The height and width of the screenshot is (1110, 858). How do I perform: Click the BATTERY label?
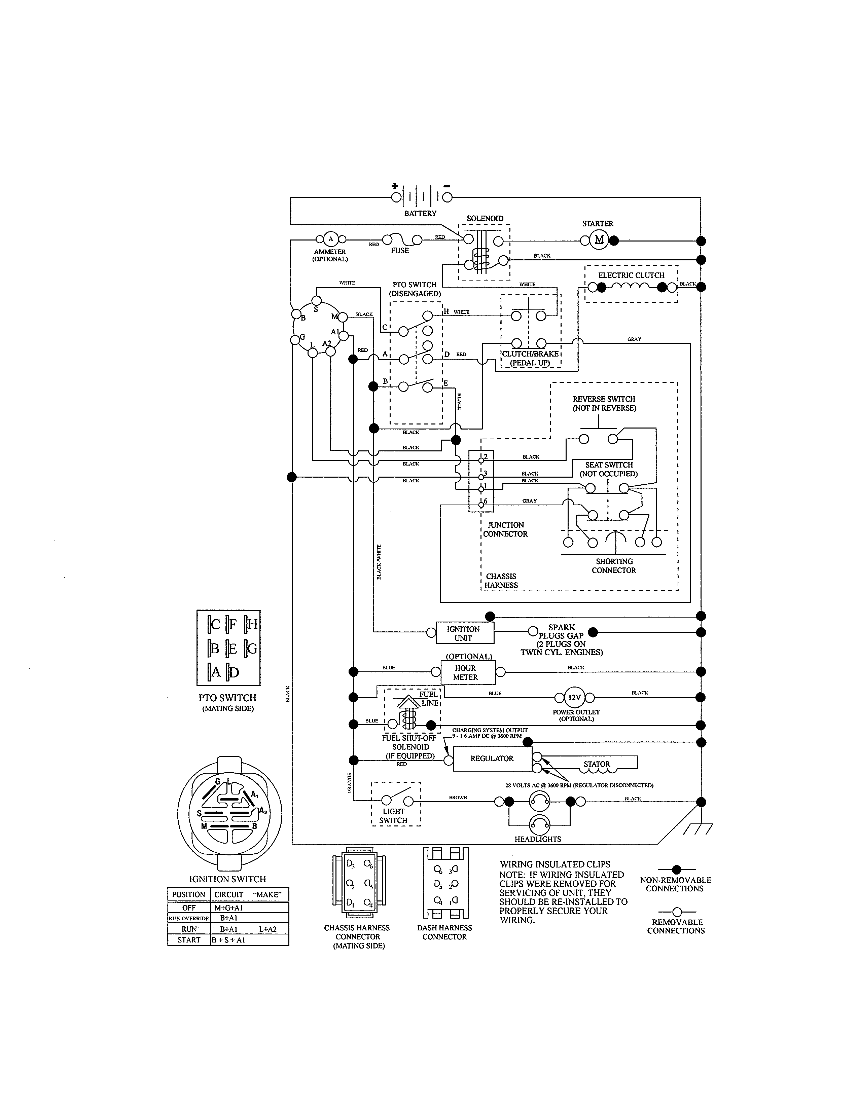[x=420, y=214]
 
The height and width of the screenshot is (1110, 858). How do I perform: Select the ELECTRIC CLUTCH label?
[x=631, y=275]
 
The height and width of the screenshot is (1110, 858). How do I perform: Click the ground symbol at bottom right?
[x=699, y=829]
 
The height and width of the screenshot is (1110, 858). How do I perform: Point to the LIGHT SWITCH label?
[x=393, y=816]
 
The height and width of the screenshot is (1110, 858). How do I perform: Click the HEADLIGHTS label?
[x=537, y=839]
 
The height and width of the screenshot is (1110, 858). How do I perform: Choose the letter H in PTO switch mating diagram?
[x=252, y=624]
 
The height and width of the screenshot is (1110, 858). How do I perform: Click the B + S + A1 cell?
[x=228, y=940]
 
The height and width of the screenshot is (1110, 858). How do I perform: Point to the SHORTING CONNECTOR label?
[x=613, y=566]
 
